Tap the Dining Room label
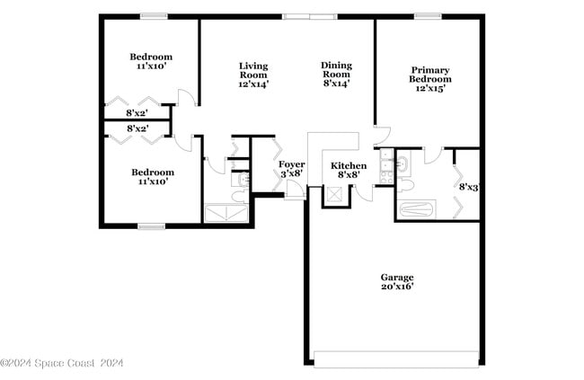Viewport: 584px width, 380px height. coord(336,74)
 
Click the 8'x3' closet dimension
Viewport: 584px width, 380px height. coord(468,188)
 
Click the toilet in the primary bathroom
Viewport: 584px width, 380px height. coord(404,184)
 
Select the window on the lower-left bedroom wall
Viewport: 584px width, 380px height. coord(151,226)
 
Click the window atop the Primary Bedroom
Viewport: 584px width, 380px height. coord(428,15)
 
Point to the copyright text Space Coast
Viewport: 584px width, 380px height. coord(62,363)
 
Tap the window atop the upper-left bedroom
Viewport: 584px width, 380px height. coord(154,15)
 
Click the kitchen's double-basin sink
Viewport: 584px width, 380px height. coord(385,165)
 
